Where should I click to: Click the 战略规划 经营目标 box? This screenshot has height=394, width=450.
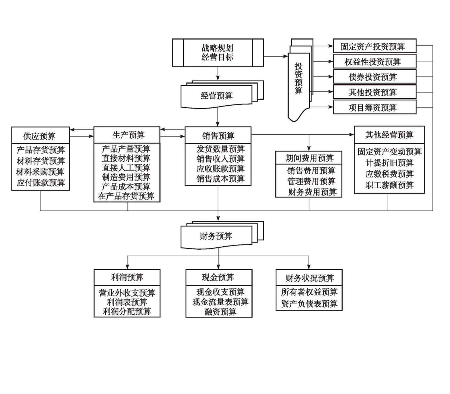(x=218, y=53)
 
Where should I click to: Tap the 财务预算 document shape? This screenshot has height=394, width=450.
(x=216, y=236)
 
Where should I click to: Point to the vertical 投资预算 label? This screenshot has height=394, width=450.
(x=299, y=78)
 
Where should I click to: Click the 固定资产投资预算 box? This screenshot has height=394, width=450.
(x=374, y=47)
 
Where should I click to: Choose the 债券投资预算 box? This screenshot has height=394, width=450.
(x=374, y=77)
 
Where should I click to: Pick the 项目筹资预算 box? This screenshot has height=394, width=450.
(x=374, y=107)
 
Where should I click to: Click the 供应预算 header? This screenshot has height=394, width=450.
(x=40, y=136)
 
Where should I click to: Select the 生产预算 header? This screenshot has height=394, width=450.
(x=127, y=135)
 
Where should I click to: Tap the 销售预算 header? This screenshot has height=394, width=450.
(x=218, y=135)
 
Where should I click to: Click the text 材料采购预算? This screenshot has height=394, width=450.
(x=40, y=172)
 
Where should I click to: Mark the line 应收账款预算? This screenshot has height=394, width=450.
(x=221, y=169)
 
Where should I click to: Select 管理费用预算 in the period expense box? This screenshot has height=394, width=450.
(x=311, y=181)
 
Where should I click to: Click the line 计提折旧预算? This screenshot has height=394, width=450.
(x=389, y=163)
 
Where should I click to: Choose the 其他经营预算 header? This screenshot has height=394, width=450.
(x=389, y=135)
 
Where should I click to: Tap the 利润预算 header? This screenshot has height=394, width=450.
(x=127, y=277)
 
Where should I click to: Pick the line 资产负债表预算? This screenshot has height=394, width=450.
(x=309, y=304)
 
